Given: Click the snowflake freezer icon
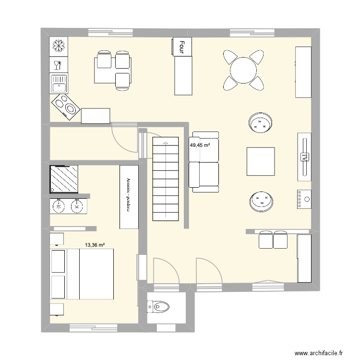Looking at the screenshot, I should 59,46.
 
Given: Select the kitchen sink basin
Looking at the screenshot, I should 59,84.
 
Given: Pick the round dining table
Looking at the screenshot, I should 243,71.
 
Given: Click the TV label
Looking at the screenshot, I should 304,157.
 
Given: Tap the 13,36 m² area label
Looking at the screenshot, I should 95,245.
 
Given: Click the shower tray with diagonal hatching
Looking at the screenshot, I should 64,179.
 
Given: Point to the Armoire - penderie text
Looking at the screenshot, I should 129,197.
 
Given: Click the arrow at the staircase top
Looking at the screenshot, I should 165,143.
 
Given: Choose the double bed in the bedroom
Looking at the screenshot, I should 89,275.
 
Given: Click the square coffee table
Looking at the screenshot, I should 261,161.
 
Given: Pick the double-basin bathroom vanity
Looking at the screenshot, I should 68,206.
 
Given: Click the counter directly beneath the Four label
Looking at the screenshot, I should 182,75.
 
